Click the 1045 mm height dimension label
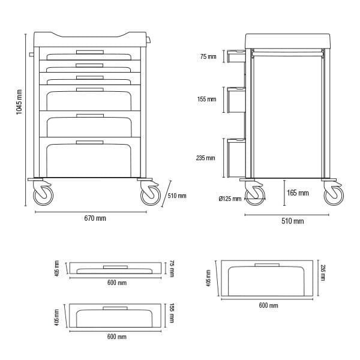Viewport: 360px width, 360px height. pos(19,102)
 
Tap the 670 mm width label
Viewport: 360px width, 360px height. pos(95,218)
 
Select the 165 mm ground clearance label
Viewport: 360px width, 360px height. pos(298,193)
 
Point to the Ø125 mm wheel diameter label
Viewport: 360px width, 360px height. pos(230,199)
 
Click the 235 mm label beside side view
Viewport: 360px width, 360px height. pos(205,158)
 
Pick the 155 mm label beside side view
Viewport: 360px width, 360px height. pos(206,99)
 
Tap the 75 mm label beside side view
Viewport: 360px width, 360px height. pos(208,56)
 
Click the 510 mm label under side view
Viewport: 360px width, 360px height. pos(293,221)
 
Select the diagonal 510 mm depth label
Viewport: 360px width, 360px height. pos(177,196)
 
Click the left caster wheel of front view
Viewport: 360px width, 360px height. pos(43,196)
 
